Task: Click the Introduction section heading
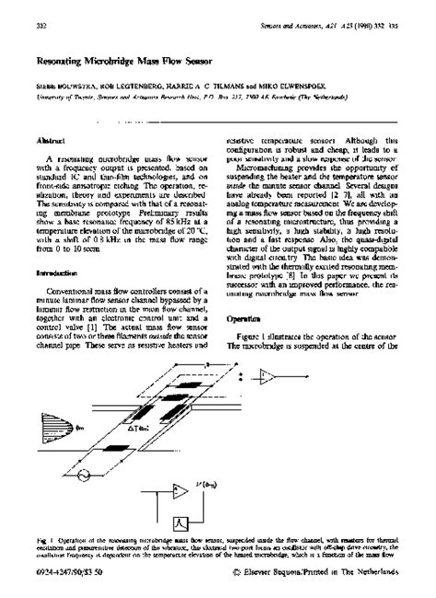(x=56, y=273)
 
